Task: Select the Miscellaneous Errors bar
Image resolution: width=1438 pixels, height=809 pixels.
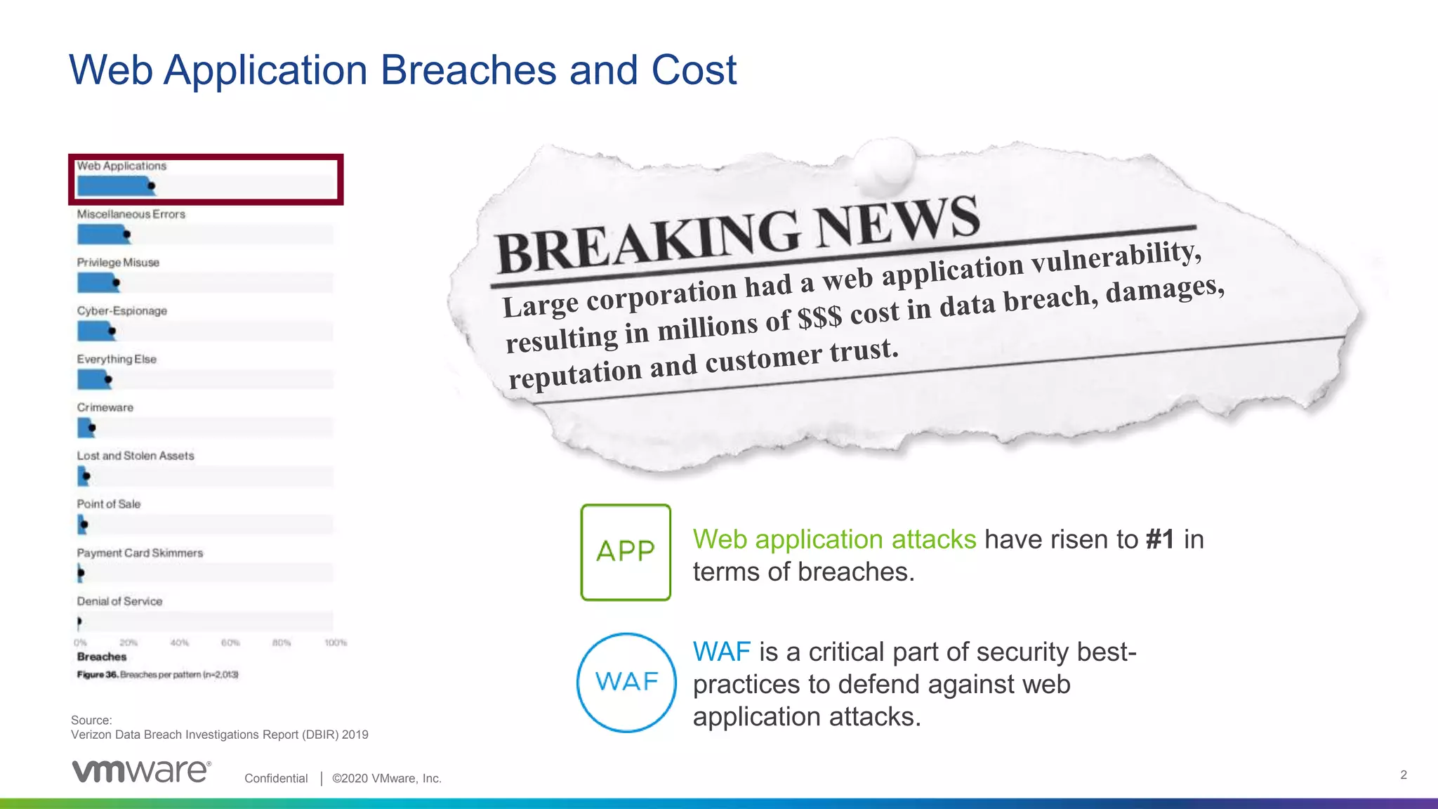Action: click(x=103, y=235)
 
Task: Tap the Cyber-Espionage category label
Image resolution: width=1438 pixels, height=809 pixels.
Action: click(x=122, y=310)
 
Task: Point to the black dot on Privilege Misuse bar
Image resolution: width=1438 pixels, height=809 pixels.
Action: click(x=117, y=283)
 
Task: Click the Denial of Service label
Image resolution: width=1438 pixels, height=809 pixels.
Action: click(x=119, y=601)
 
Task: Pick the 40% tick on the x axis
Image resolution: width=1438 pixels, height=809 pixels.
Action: click(x=179, y=643)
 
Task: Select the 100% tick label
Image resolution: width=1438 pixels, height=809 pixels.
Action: click(x=336, y=643)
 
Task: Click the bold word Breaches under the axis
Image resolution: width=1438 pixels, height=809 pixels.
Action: click(x=102, y=657)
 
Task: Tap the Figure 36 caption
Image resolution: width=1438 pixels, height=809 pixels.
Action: click(x=157, y=674)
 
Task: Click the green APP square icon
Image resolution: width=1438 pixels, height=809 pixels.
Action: click(x=626, y=552)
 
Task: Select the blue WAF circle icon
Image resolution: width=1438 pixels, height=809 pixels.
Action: click(x=626, y=682)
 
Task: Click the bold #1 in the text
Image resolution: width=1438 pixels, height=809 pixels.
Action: click(x=1160, y=539)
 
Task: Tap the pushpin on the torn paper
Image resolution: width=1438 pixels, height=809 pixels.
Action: click(x=886, y=162)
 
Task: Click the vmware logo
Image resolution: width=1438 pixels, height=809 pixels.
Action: click(x=140, y=771)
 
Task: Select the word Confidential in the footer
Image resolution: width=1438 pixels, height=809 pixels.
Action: click(x=276, y=778)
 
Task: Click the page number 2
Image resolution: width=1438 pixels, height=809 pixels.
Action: click(x=1403, y=775)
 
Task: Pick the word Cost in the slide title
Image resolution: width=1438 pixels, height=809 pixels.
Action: click(x=694, y=70)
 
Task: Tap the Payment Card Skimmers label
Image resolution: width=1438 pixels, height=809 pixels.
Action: click(x=140, y=553)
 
